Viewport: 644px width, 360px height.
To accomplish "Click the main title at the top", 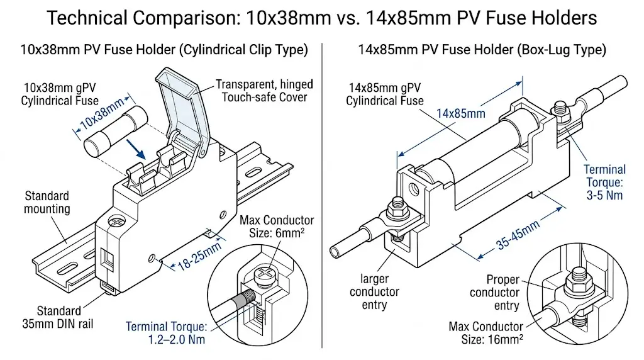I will (322, 18).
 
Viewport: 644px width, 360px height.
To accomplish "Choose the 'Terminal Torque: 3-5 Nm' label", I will (604, 182).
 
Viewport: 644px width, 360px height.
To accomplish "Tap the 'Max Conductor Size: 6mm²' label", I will (277, 227).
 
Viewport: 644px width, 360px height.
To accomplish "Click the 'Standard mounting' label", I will (47, 203).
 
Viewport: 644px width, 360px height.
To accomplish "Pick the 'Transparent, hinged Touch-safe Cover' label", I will (264, 90).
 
